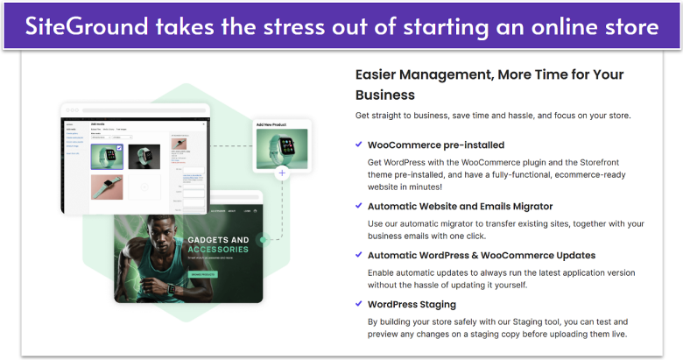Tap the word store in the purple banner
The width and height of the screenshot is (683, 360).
coord(628,26)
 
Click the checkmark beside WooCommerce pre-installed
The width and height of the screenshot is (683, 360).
coord(359,145)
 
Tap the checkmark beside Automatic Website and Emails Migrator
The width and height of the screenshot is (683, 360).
coord(359,206)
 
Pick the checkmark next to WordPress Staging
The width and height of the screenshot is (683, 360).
coord(359,304)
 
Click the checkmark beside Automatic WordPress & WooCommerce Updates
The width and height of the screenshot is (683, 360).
coord(359,255)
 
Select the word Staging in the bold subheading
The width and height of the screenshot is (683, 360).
coord(433,304)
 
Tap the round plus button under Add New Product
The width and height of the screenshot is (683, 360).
coord(282,173)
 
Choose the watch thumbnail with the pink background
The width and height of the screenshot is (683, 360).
coord(107,186)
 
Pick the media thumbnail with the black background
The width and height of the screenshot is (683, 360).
coord(144,156)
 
